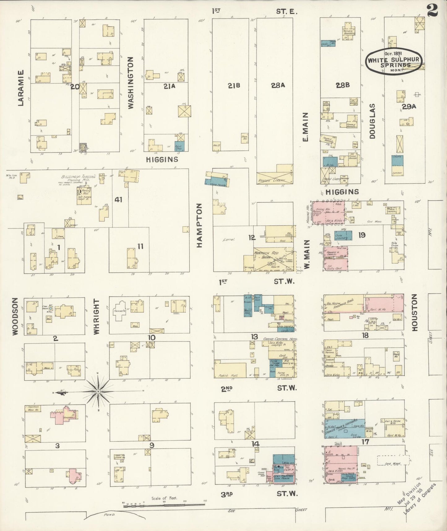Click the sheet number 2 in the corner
432,12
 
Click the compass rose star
98,392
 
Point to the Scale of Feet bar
164,505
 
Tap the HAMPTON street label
199,225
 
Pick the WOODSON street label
15,316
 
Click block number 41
118,200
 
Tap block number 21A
169,86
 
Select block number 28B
343,85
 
